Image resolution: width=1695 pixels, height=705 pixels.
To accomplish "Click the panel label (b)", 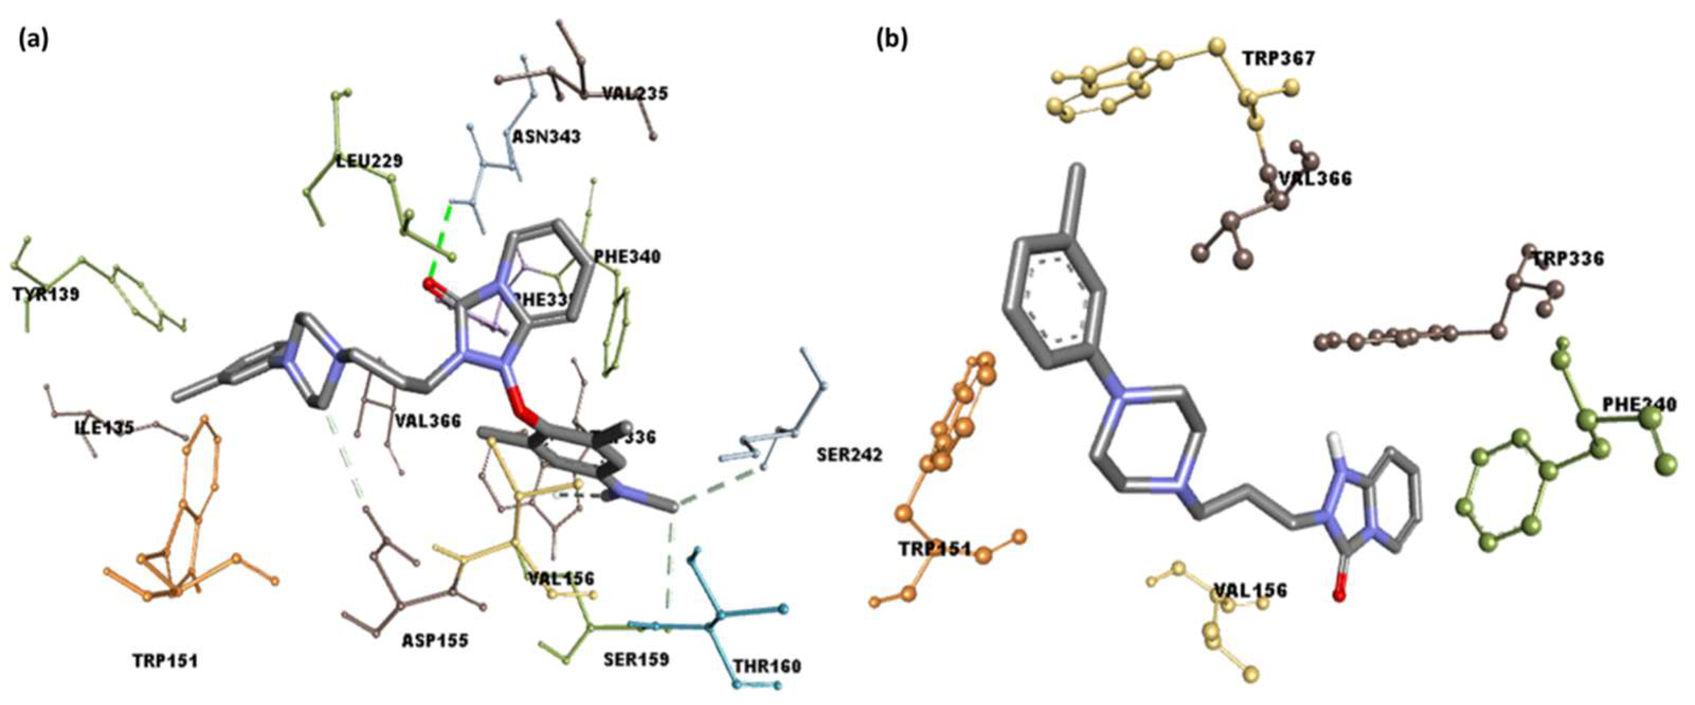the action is click(x=892, y=41).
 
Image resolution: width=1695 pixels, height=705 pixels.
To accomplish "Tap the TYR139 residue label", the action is click(x=46, y=294).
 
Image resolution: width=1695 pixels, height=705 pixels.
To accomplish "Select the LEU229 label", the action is click(x=369, y=161).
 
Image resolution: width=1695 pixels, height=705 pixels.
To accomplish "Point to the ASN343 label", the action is click(x=546, y=137).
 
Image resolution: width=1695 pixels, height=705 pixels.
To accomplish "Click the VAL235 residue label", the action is click(x=635, y=94).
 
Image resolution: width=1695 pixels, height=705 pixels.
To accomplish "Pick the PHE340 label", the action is click(x=627, y=257).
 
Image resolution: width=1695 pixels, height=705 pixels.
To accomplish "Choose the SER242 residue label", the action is click(x=849, y=455).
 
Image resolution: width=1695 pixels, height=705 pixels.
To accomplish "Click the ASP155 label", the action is click(x=436, y=640).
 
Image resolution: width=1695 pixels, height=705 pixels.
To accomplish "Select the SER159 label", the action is click(x=636, y=659).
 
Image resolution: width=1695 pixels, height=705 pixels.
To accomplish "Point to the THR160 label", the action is click(x=767, y=667).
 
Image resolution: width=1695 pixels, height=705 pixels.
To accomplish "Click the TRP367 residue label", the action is click(x=1279, y=59).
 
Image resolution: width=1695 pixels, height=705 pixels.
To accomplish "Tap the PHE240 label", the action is click(x=1639, y=405).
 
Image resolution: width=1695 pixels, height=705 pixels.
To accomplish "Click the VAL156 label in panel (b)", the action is click(x=1250, y=591).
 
